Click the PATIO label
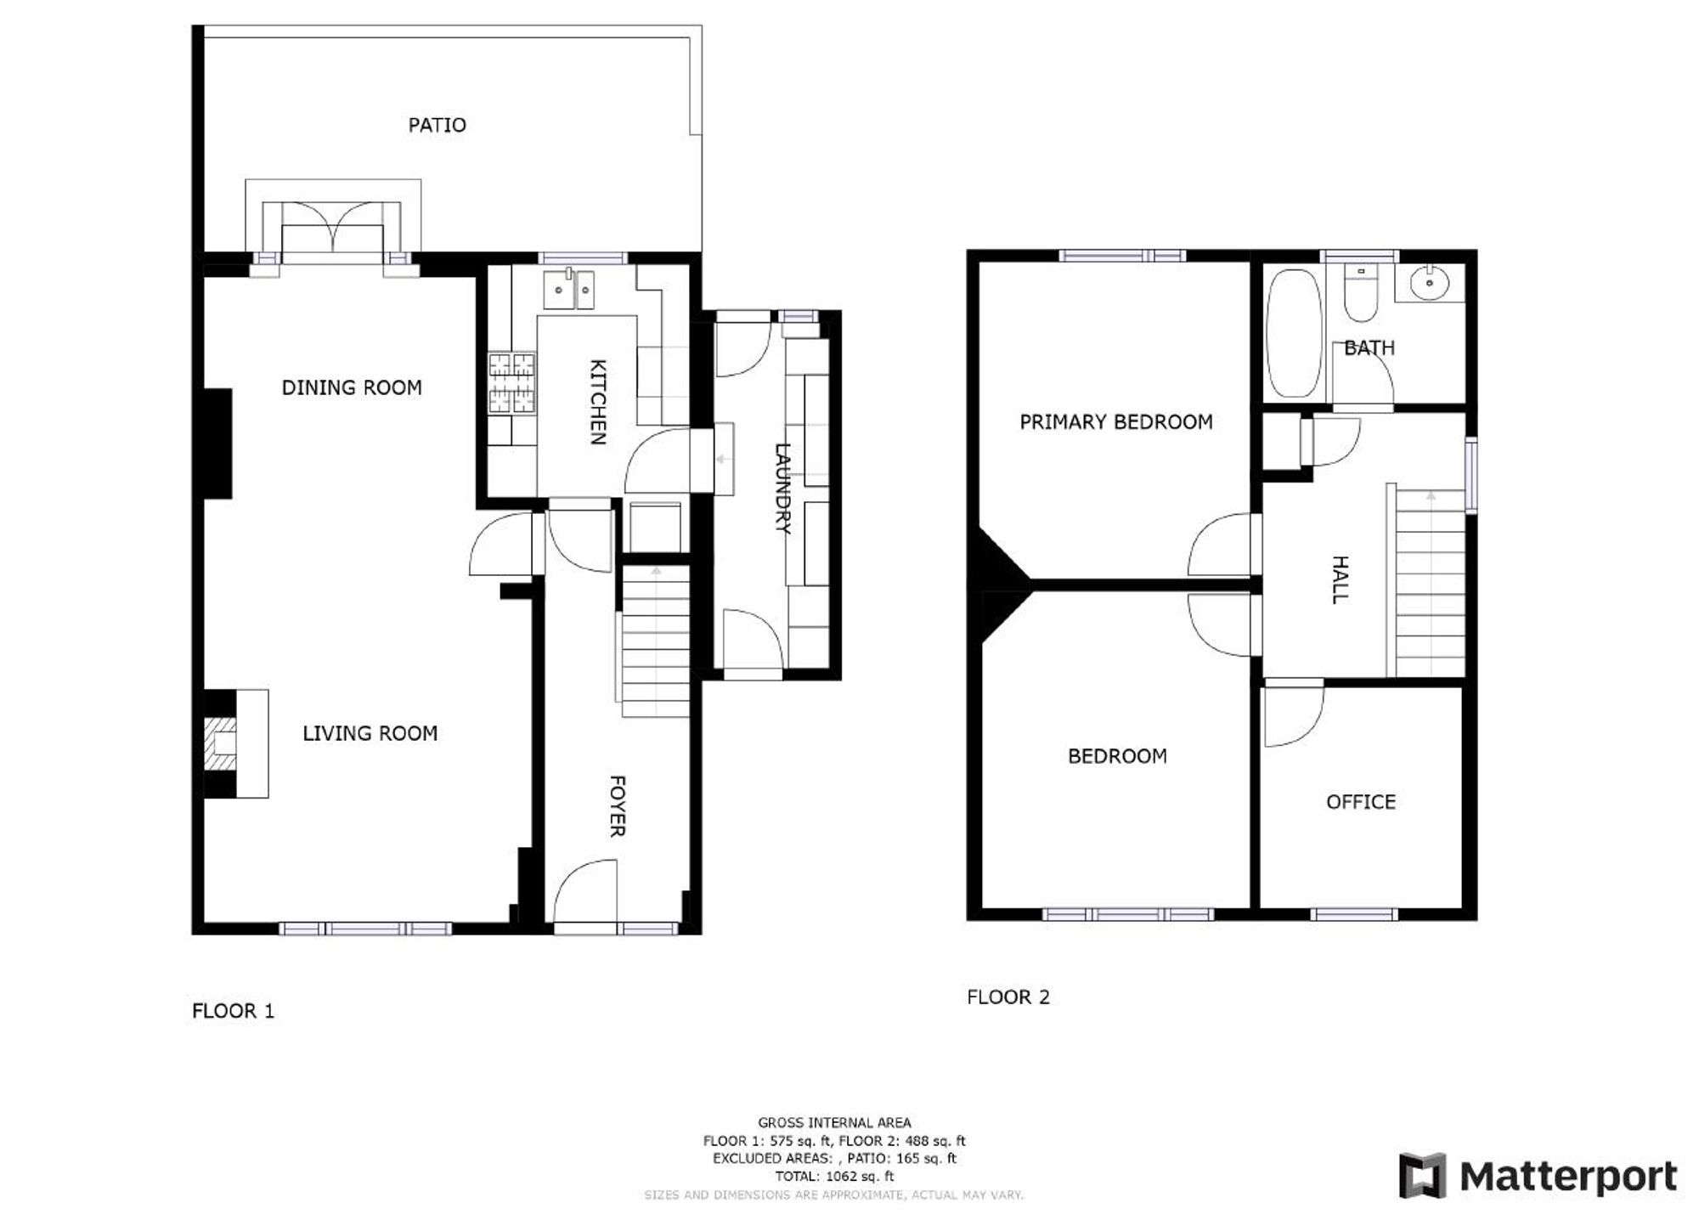[x=437, y=126]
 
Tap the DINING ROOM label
[x=352, y=388]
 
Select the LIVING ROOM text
[x=370, y=733]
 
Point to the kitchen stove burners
[x=512, y=382]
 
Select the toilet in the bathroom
[x=1361, y=294]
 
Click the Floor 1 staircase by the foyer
[x=655, y=642]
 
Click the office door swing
[x=1292, y=714]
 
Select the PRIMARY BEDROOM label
[x=1115, y=422]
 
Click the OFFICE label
[x=1360, y=802]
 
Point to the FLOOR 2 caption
[x=1008, y=997]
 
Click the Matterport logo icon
[x=1422, y=1176]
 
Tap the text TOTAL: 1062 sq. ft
[x=833, y=1177]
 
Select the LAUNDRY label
[x=782, y=489]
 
